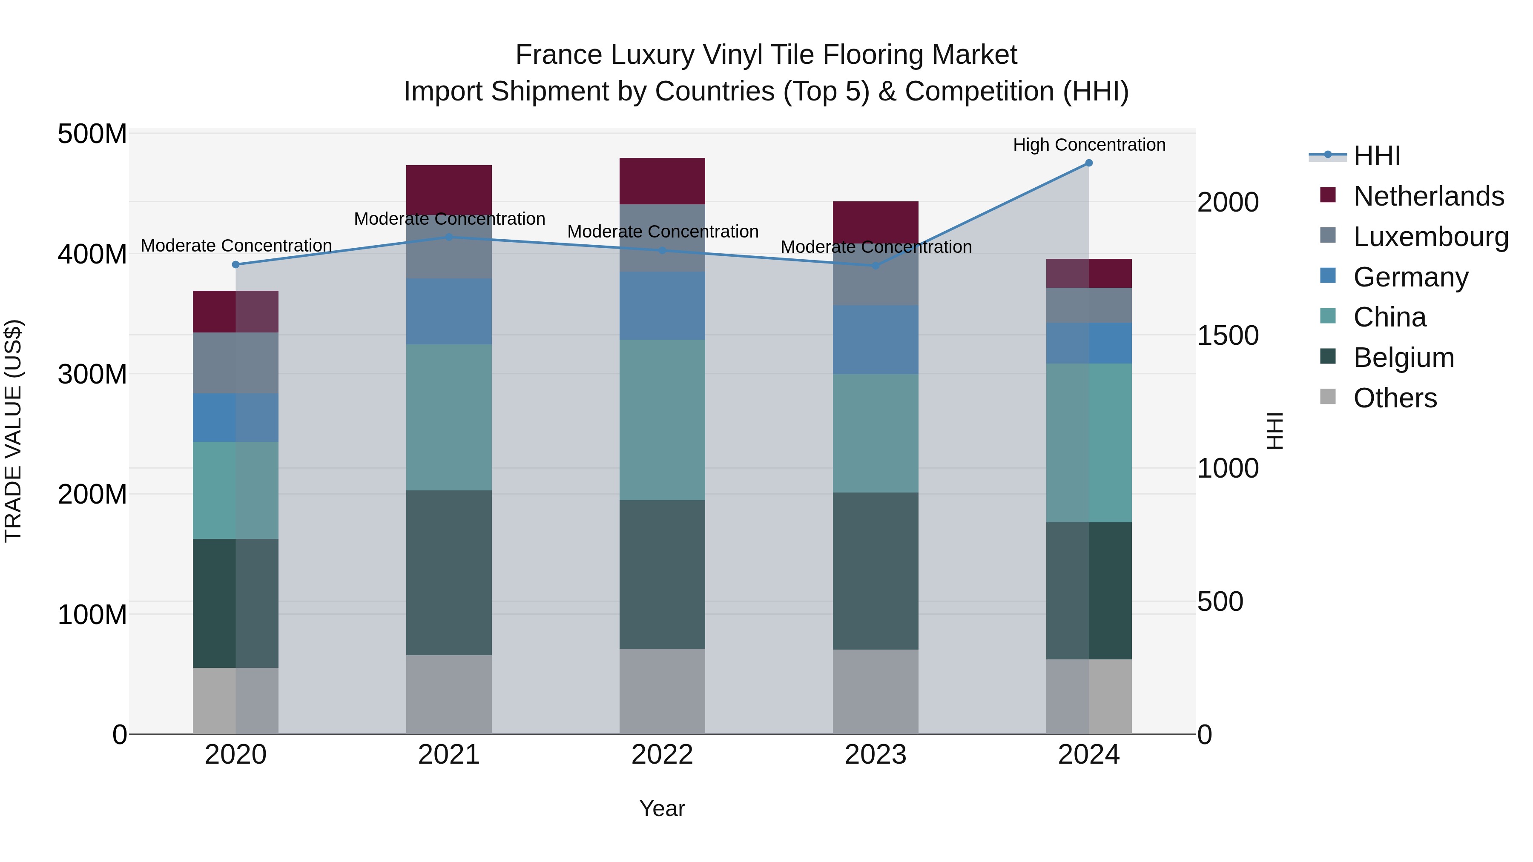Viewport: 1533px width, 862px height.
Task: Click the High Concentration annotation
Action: (x=1088, y=145)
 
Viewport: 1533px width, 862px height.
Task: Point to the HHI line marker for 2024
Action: (x=1088, y=163)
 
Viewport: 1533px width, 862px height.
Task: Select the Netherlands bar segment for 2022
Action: (x=662, y=181)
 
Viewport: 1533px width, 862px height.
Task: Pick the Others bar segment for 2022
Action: (x=662, y=691)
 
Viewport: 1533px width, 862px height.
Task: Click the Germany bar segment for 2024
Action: (x=1088, y=343)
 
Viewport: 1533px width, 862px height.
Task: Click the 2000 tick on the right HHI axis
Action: (x=1227, y=202)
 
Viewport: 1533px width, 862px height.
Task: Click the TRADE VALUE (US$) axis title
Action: (x=13, y=431)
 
